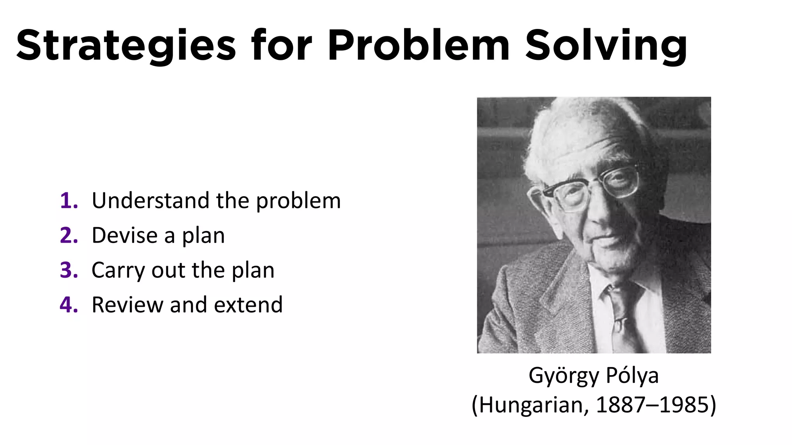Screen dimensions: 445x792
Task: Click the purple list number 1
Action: click(68, 201)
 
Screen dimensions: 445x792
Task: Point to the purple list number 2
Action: click(68, 236)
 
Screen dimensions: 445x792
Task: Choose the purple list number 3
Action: click(68, 270)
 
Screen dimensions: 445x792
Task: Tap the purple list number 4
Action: click(68, 305)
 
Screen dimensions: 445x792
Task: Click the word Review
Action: click(127, 305)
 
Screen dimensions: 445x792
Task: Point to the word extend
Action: click(248, 305)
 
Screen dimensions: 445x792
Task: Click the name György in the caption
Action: click(564, 376)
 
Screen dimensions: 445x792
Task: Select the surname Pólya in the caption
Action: click(632, 375)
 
